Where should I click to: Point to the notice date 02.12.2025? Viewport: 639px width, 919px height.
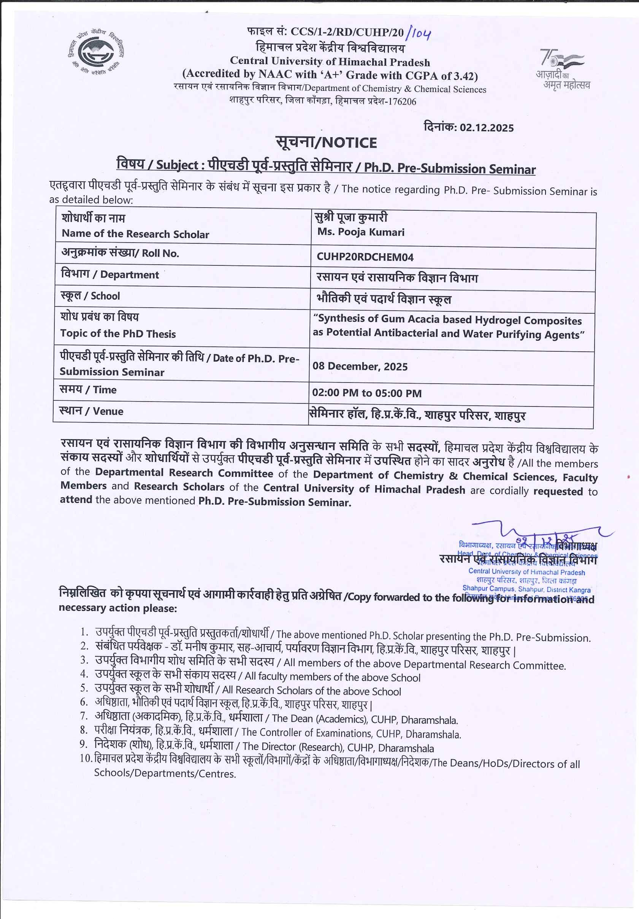coord(486,128)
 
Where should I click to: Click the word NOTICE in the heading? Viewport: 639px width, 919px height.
coord(349,143)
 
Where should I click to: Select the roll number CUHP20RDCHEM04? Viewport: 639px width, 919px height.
coord(365,257)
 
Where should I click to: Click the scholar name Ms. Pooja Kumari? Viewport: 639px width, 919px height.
coord(361,232)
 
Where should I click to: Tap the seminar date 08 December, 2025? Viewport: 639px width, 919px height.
coord(360,367)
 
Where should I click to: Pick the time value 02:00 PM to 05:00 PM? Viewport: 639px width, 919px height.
coord(366,393)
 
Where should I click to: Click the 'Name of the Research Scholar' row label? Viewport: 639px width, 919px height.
coord(135,234)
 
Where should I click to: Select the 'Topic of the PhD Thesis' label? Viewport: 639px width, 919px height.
coord(118,334)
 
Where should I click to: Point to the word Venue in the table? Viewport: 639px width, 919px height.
coord(108,411)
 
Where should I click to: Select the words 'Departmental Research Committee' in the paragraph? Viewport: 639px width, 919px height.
coord(184,473)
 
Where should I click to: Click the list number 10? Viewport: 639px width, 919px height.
coord(85,759)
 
